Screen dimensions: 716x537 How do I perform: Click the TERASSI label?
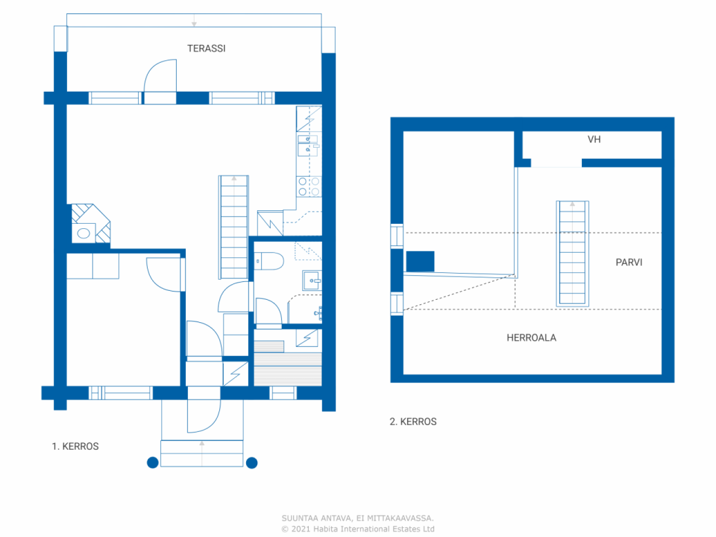click(x=206, y=49)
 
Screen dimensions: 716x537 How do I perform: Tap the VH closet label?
click(x=594, y=139)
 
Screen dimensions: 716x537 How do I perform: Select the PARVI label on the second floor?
click(x=629, y=262)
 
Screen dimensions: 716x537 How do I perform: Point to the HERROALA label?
click(x=531, y=338)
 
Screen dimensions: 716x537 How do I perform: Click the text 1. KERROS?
click(x=76, y=446)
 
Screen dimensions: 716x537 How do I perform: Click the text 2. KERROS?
click(x=413, y=422)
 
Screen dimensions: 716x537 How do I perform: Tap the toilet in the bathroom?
click(x=269, y=261)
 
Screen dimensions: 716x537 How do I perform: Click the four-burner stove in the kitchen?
click(x=309, y=186)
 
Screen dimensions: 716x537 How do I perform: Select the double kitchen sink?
click(x=308, y=145)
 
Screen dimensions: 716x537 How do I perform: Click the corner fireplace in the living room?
click(x=91, y=224)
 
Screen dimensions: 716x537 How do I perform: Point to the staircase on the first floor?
click(x=234, y=227)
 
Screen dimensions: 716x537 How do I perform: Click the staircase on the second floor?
click(x=572, y=253)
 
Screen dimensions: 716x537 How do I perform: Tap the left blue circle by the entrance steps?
click(x=153, y=463)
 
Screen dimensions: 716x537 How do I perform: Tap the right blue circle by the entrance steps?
click(x=252, y=463)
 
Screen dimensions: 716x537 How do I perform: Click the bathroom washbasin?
click(x=312, y=280)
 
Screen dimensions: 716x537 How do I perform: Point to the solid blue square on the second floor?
click(x=420, y=261)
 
